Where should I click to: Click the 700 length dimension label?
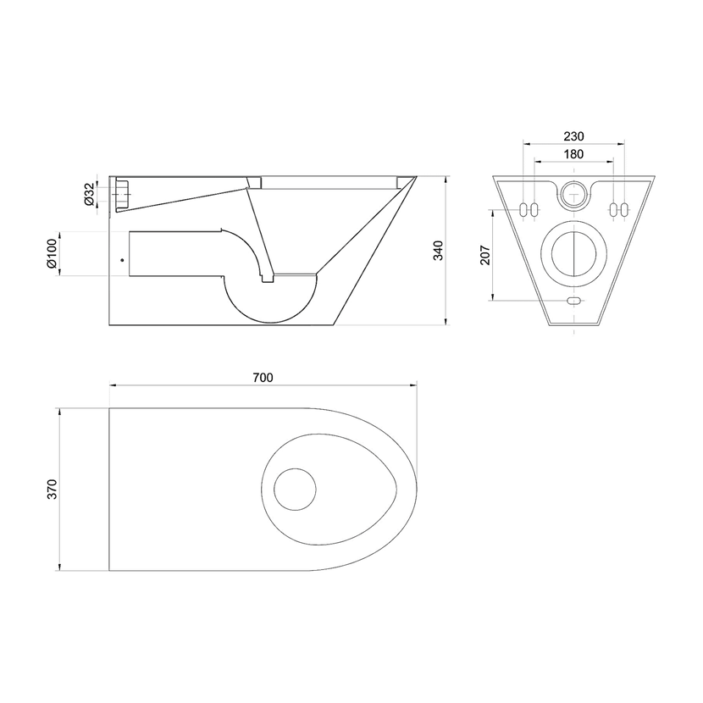tap(263, 378)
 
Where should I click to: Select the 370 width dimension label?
tap(53, 490)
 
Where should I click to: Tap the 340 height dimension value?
tap(438, 251)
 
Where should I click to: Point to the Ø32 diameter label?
tap(89, 194)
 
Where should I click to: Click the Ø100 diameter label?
tap(52, 254)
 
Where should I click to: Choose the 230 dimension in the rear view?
tap(574, 136)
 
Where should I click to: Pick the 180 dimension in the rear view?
tap(574, 154)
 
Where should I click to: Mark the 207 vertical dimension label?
tap(485, 255)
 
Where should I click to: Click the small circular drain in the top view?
tap(295, 490)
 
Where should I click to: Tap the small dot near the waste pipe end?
tap(122, 259)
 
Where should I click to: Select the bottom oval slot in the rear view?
tap(574, 301)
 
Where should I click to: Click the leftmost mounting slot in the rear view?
tap(523, 210)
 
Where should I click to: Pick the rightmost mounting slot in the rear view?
tap(624, 210)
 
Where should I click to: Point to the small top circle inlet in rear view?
tap(574, 194)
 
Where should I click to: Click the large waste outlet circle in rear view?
tap(574, 254)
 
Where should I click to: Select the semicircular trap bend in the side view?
tap(270, 322)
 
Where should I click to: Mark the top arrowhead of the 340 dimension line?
tap(446, 180)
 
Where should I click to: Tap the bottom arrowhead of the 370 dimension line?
tap(59, 567)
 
